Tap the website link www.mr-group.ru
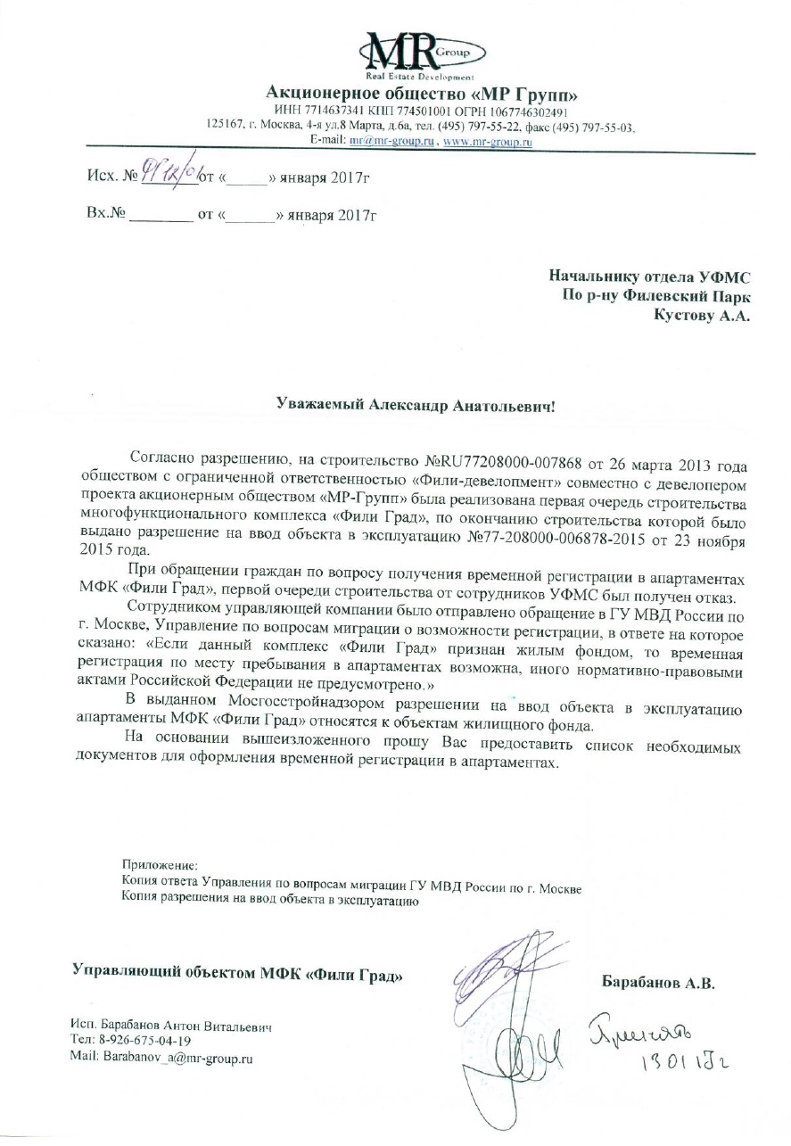pos(488,141)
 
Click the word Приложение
pos(161,864)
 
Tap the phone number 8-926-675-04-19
pos(143,1040)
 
